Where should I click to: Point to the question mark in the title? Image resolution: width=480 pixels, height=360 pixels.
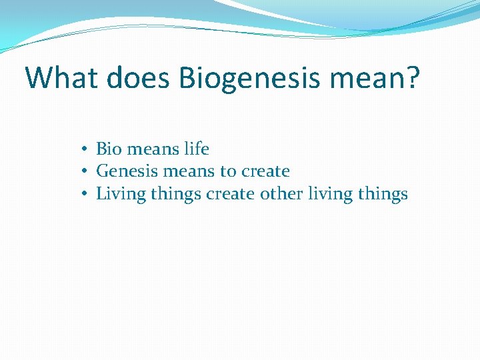click(414, 78)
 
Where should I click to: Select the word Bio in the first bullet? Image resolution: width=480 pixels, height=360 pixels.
click(108, 149)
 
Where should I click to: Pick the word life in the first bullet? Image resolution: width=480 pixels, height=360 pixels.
click(195, 149)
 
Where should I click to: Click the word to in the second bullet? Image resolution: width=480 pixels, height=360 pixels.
click(228, 172)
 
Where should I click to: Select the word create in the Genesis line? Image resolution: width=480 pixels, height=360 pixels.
click(265, 172)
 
